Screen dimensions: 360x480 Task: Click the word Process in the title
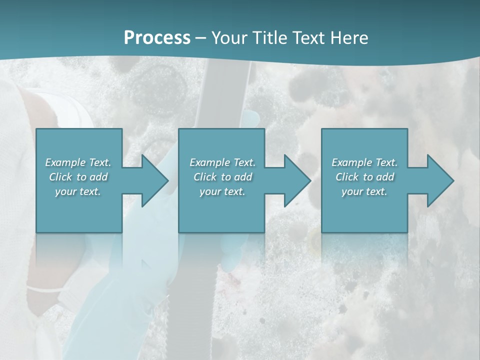click(x=157, y=38)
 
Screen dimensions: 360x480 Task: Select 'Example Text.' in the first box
click(x=78, y=162)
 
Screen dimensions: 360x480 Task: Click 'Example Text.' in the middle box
click(x=222, y=162)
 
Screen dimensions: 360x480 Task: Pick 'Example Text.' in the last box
click(x=364, y=162)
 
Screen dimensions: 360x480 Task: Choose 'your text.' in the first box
click(x=78, y=191)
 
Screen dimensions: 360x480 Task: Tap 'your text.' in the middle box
click(x=222, y=191)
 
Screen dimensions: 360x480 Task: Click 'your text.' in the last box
click(x=364, y=191)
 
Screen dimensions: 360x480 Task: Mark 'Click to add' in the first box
click(x=78, y=177)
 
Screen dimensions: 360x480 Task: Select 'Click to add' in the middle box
click(x=222, y=177)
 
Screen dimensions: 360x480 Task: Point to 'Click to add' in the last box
click(x=364, y=177)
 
